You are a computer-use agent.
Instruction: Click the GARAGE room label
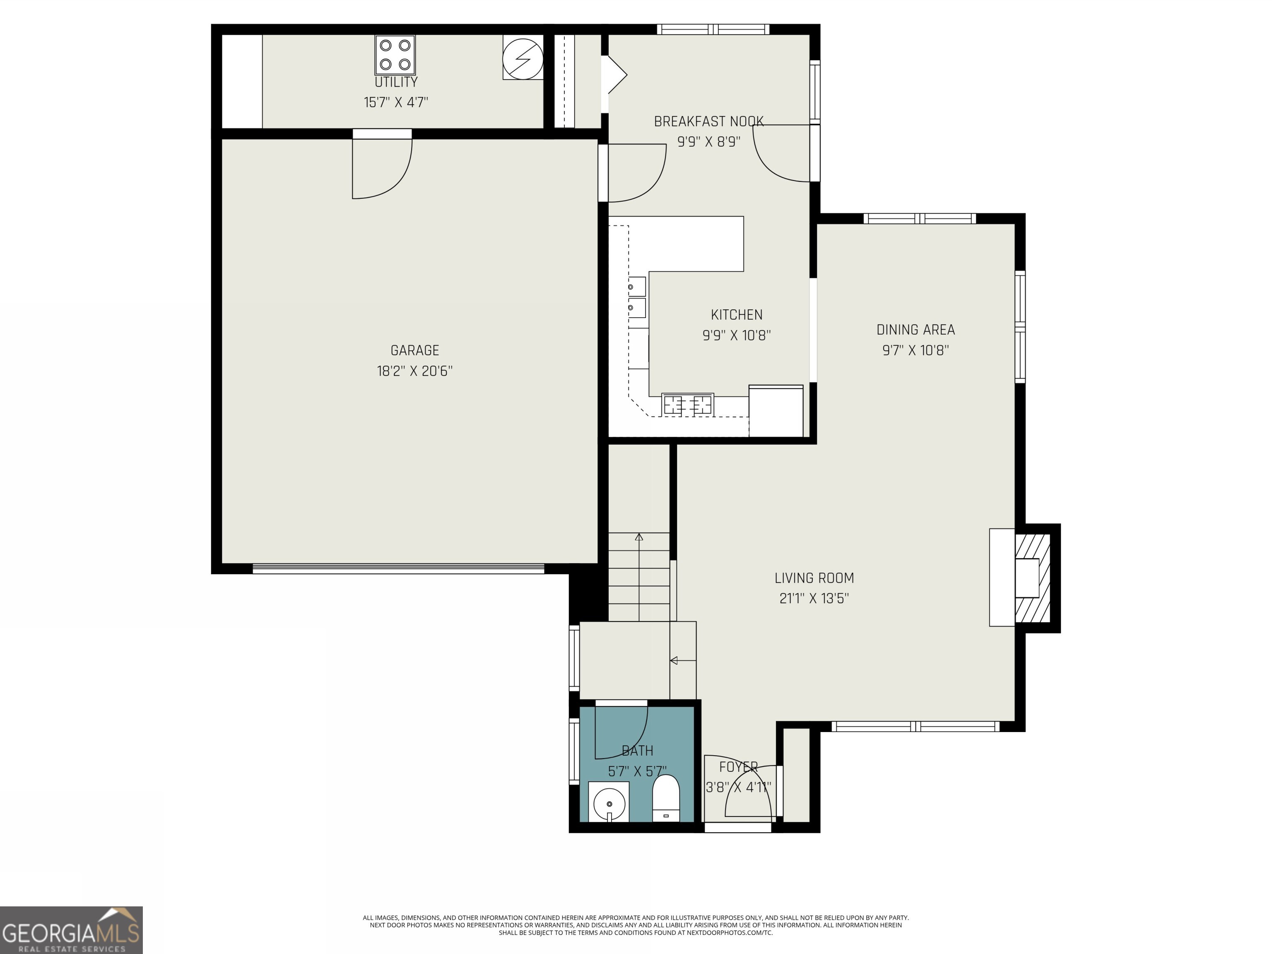click(414, 350)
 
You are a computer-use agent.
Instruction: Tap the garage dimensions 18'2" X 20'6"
click(414, 371)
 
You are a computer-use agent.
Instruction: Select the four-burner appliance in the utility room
click(395, 55)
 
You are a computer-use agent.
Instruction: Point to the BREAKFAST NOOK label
click(708, 121)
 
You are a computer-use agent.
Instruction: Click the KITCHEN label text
click(736, 315)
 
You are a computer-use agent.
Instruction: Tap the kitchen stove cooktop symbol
click(687, 405)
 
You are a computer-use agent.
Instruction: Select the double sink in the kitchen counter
click(636, 297)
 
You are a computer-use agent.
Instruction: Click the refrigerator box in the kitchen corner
click(776, 411)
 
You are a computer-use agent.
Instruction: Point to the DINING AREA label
click(915, 330)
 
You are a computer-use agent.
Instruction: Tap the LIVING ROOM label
click(814, 578)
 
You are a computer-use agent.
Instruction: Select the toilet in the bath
click(666, 799)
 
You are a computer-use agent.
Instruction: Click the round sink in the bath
click(608, 802)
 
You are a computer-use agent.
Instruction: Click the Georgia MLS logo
click(71, 930)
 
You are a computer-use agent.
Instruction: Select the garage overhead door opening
click(398, 569)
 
